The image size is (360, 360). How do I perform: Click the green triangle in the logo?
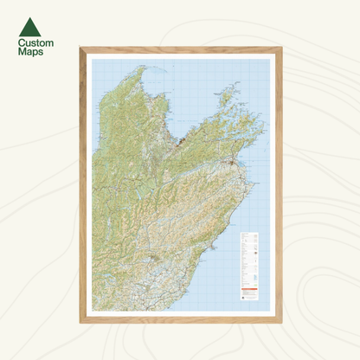(29, 27)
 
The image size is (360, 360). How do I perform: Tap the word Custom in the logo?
(35, 42)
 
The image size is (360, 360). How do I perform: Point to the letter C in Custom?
(22, 42)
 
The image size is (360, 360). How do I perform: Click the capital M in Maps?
(22, 52)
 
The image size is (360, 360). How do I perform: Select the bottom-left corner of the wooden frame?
(80, 321)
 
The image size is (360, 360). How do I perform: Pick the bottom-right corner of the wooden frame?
(280, 321)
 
